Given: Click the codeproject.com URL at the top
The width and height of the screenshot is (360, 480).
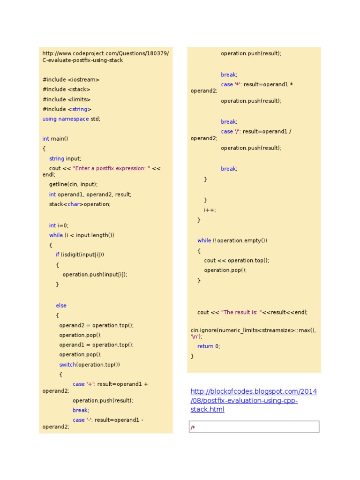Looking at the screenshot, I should (105, 57).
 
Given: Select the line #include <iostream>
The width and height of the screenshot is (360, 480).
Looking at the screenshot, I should (71, 80).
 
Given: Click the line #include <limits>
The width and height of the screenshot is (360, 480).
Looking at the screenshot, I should (67, 99).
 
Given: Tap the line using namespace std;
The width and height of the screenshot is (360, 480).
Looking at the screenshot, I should (71, 119).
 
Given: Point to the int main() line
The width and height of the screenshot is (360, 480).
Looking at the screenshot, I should (55, 139).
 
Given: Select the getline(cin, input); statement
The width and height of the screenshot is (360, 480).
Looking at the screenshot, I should (74, 185).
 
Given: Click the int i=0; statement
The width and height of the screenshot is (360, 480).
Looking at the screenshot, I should (59, 225).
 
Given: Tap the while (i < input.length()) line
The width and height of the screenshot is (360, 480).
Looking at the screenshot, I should (82, 235).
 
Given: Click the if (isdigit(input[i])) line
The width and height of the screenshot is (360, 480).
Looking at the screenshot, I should (80, 255).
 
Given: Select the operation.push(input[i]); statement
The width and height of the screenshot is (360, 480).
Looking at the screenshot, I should (95, 275).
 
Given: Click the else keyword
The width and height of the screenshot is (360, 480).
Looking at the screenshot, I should (61, 306).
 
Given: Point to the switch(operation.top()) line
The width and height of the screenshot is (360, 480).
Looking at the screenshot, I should (90, 365).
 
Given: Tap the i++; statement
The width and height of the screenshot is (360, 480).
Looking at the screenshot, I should (210, 210).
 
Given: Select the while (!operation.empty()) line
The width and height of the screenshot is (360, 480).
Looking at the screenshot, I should (232, 241).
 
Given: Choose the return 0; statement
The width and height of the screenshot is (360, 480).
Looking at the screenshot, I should (209, 346).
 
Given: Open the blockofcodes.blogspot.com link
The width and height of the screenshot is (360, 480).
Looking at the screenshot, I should (254, 400).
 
